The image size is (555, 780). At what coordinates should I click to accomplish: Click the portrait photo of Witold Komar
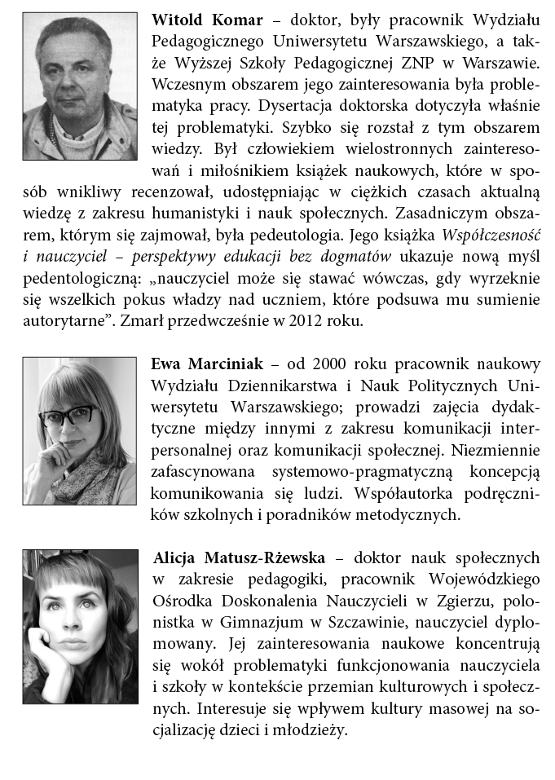[80, 86]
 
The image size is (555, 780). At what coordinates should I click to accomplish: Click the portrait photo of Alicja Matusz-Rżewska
[80, 627]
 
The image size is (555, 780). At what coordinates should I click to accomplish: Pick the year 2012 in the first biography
[297, 321]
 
